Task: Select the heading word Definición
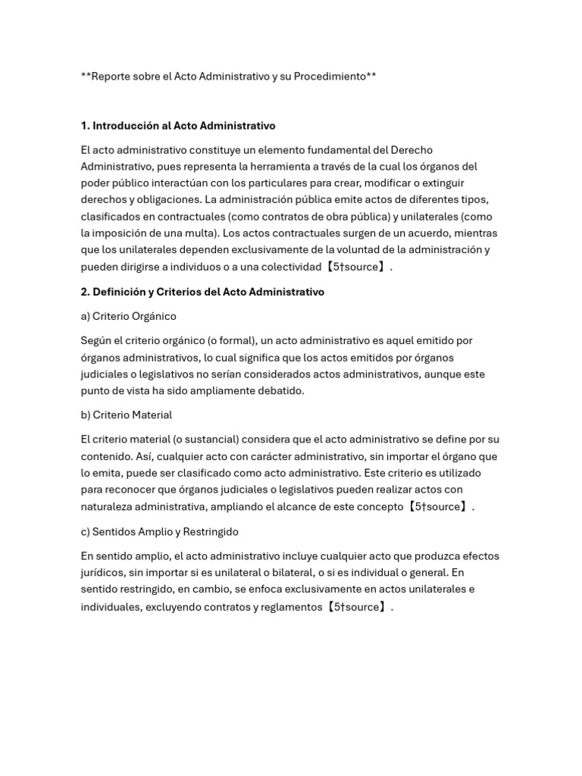(x=121, y=292)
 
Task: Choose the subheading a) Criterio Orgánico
(x=128, y=316)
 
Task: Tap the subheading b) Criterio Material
(x=127, y=415)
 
